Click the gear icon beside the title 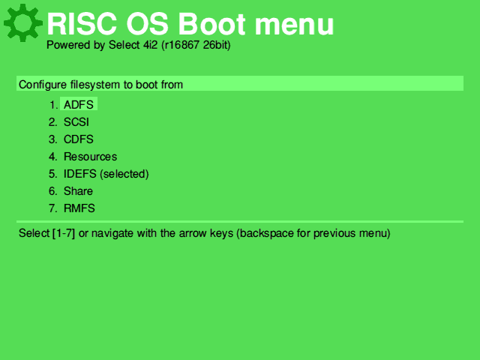tap(23, 23)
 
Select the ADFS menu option tap(78, 105)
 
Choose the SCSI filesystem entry tap(76, 122)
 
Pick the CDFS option tap(78, 139)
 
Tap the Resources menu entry tap(90, 157)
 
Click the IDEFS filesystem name tap(80, 174)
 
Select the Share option tap(78, 191)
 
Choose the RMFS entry tap(79, 208)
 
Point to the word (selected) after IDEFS tap(124, 174)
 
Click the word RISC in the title tap(82, 24)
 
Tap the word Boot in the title tap(211, 24)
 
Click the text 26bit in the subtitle tap(214, 45)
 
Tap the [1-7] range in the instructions tap(64, 233)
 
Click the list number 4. tap(53, 157)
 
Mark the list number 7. tap(53, 208)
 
